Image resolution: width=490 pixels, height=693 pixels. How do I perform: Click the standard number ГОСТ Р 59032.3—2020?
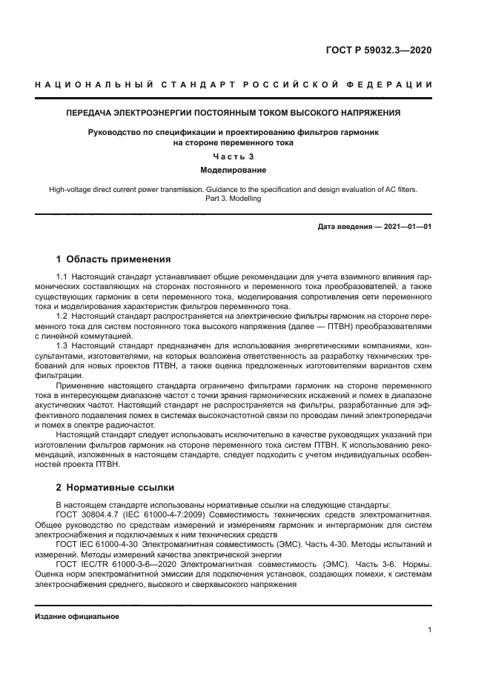click(378, 50)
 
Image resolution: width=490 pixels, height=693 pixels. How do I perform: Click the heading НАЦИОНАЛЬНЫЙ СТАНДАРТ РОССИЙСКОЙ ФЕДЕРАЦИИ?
click(234, 86)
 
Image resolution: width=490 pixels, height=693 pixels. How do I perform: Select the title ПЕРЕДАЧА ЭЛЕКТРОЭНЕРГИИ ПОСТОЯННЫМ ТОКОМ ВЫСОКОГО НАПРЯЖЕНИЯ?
click(234, 113)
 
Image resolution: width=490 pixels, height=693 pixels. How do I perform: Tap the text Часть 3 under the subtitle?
click(234, 156)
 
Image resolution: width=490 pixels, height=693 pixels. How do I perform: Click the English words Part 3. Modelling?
click(234, 199)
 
